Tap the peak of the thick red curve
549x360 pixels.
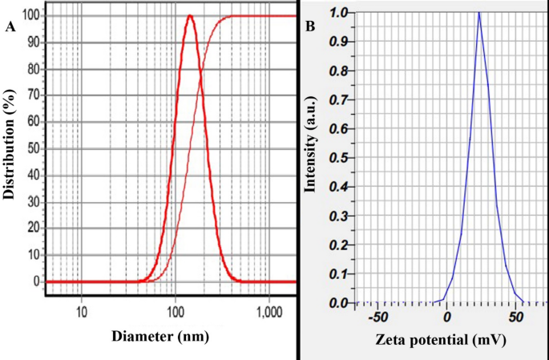pos(189,16)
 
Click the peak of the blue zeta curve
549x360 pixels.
pos(478,12)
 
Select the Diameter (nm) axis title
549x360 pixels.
pos(160,337)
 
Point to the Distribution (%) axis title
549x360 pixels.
pos(10,149)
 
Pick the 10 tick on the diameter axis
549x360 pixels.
pos(81,309)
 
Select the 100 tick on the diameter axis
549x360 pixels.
pos(175,309)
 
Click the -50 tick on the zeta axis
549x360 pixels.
pos(377,318)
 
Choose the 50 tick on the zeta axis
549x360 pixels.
pos(514,318)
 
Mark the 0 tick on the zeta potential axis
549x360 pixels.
pos(446,318)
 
